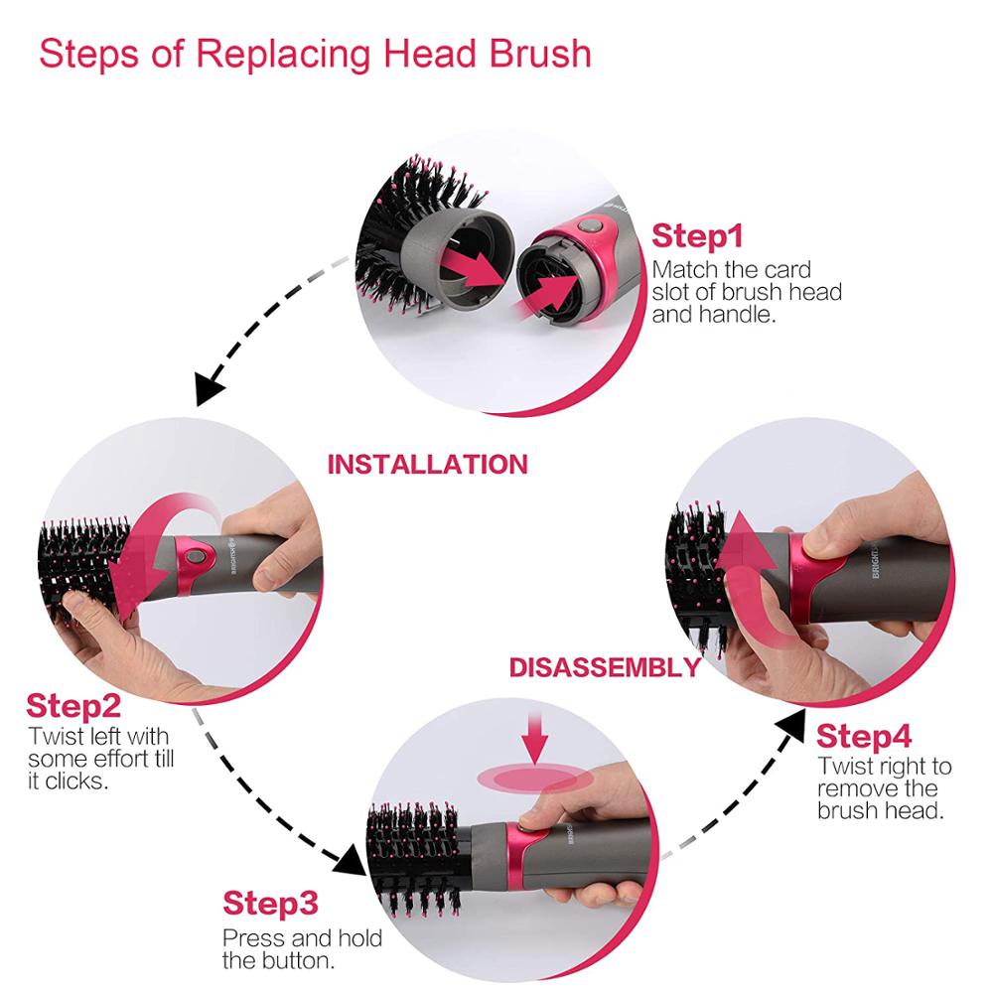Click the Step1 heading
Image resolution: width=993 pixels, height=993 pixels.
click(x=697, y=236)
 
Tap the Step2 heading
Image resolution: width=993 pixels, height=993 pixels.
click(x=73, y=706)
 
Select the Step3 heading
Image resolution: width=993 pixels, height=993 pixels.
click(x=270, y=904)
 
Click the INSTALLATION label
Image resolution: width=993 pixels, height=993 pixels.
click(x=427, y=465)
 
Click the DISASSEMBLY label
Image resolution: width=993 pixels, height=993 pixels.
click(x=605, y=667)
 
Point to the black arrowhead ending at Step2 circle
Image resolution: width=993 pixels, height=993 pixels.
click(x=211, y=388)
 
